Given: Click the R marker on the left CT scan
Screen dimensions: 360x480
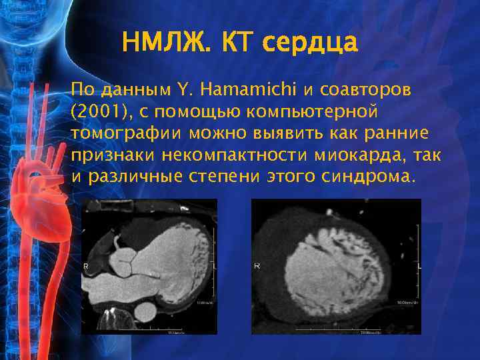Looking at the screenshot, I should click(x=86, y=265).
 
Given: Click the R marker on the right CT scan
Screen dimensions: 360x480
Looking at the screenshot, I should click(x=257, y=266).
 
